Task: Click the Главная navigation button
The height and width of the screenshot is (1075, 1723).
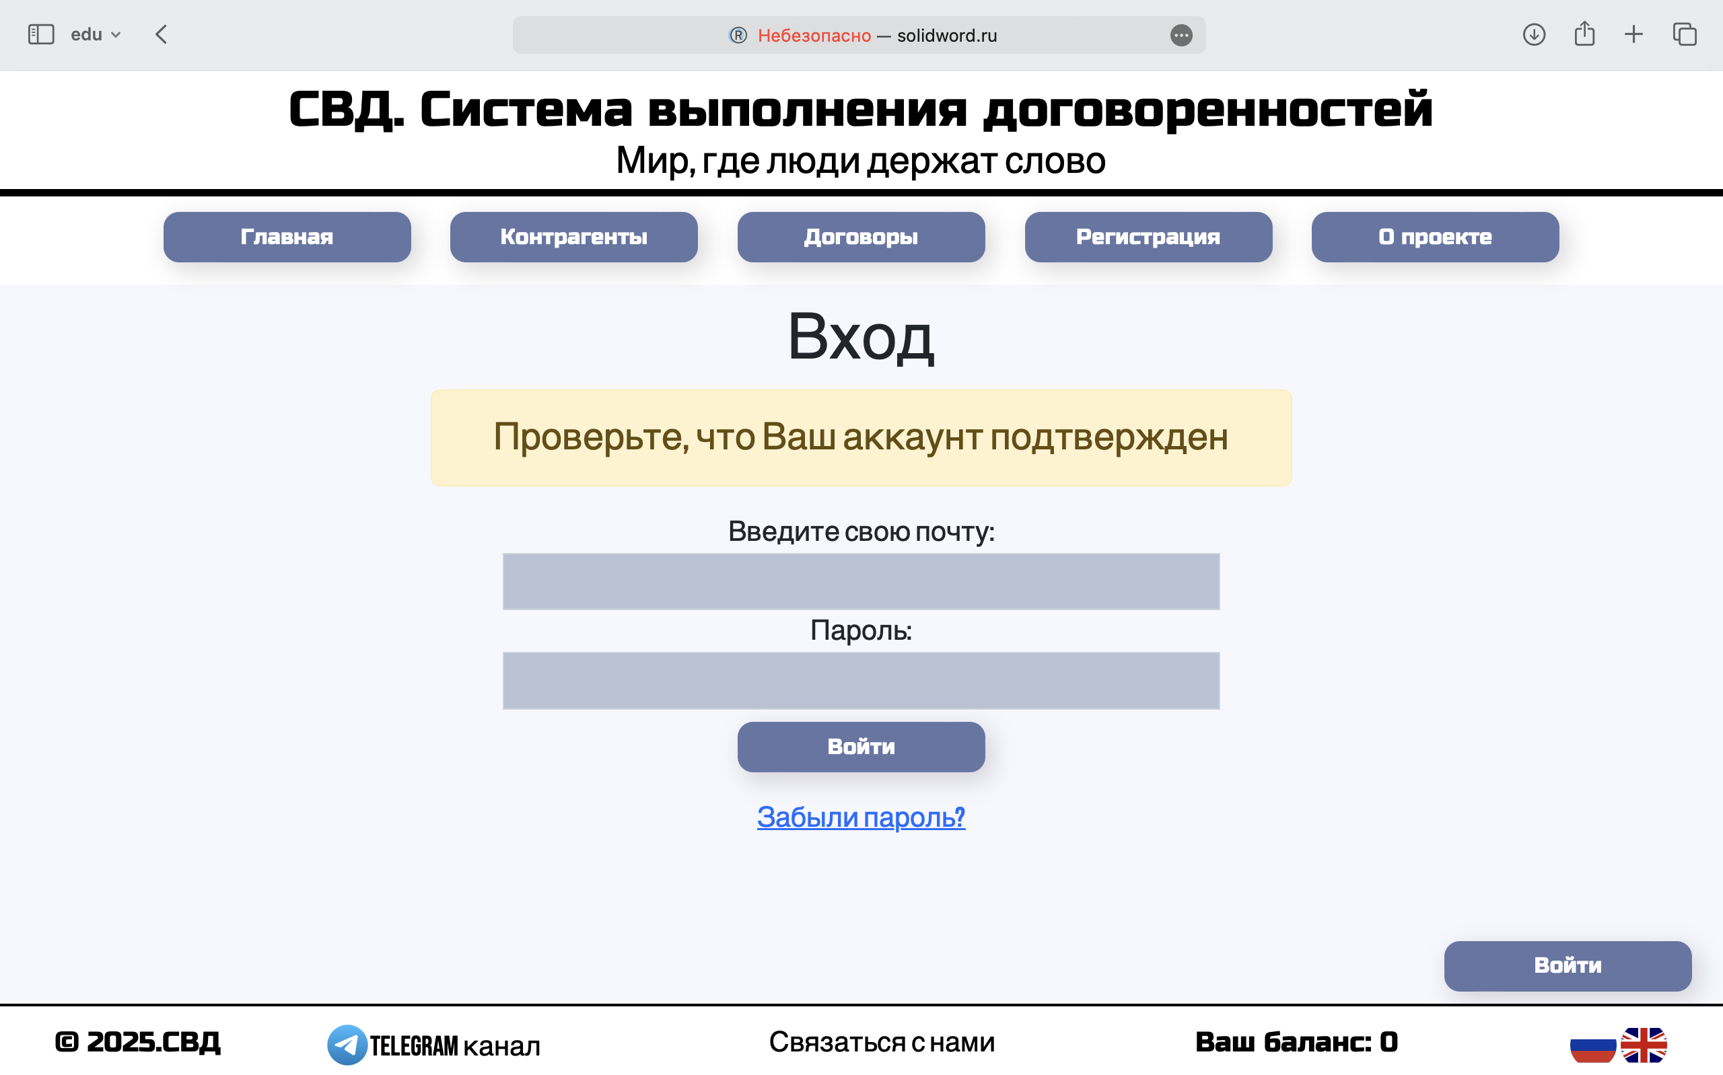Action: (287, 237)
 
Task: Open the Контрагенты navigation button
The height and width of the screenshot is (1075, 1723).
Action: (574, 237)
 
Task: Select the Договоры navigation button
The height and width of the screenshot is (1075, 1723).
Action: (861, 237)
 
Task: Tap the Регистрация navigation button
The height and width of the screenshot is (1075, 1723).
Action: (1148, 237)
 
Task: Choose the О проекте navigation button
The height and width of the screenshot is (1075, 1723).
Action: (1435, 237)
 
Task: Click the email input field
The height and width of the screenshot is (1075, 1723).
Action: (861, 582)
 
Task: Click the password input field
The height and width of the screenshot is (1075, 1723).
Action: (861, 680)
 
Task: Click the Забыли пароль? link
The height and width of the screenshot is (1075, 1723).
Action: (861, 817)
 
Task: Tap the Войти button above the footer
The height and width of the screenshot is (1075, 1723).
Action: (1568, 965)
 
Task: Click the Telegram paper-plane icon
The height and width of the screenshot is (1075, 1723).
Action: (347, 1045)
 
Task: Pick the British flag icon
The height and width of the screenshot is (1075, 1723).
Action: (1644, 1045)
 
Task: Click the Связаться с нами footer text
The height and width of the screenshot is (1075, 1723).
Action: (882, 1042)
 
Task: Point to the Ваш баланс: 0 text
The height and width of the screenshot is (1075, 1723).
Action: (1296, 1042)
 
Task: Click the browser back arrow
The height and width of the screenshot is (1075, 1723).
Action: (162, 34)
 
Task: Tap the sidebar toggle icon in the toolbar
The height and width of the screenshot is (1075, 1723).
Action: (41, 34)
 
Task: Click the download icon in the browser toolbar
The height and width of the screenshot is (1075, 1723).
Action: (1534, 34)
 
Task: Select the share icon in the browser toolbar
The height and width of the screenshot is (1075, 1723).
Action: (1584, 34)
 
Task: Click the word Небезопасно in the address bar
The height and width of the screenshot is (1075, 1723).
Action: (814, 36)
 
